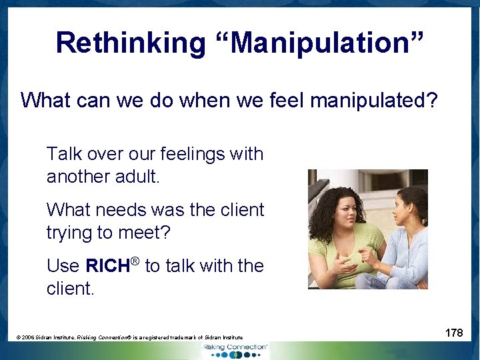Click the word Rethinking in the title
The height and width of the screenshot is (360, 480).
tap(131, 43)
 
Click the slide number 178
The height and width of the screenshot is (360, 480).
tap(454, 333)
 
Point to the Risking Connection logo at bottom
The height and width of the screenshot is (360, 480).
tap(237, 349)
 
